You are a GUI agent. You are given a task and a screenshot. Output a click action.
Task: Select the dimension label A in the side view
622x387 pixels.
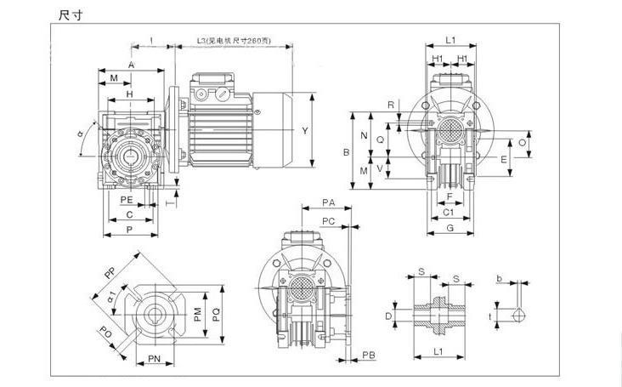pyautogui.click(x=131, y=65)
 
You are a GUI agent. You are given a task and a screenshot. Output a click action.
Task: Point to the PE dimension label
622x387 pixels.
pyautogui.click(x=126, y=199)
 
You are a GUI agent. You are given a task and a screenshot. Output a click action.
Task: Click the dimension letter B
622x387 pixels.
pyautogui.click(x=346, y=152)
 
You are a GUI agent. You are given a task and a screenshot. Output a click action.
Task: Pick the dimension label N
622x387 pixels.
pyautogui.click(x=365, y=136)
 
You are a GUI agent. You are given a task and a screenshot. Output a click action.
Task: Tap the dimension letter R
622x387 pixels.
pyautogui.click(x=391, y=105)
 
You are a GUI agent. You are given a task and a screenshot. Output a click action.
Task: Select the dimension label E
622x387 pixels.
pyautogui.click(x=503, y=158)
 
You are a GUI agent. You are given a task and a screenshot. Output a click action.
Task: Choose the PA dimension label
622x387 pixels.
pyautogui.click(x=328, y=202)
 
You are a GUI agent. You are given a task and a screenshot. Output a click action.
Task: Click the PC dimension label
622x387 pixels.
pyautogui.click(x=328, y=221)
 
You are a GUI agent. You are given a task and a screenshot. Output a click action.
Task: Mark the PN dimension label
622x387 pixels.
pyautogui.click(x=155, y=359)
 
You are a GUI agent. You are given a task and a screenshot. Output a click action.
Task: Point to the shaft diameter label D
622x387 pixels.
pyautogui.click(x=388, y=315)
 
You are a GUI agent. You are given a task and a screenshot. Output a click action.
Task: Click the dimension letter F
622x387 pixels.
pyautogui.click(x=449, y=196)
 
